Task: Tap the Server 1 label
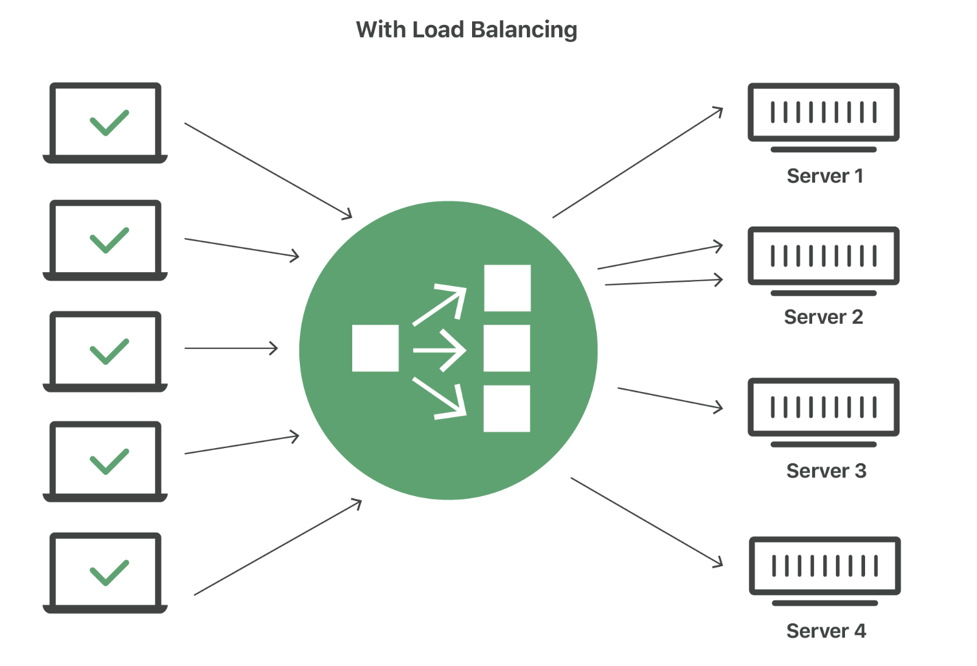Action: tap(824, 176)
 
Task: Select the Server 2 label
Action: tap(823, 317)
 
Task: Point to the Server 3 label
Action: tap(826, 471)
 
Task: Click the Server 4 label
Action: tap(826, 631)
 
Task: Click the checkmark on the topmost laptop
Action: tap(109, 122)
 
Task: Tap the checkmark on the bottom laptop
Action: tap(109, 572)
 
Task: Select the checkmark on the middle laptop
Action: tap(109, 351)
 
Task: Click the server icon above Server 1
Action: tap(823, 113)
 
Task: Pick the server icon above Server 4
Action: tap(824, 566)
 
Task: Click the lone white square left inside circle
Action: tap(375, 348)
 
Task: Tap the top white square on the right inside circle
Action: tap(507, 288)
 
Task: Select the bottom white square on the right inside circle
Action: tap(507, 408)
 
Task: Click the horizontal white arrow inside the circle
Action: tap(439, 350)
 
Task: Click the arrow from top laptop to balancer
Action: tap(268, 170)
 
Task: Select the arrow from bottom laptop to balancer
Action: tap(277, 547)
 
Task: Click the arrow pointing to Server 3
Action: tap(669, 398)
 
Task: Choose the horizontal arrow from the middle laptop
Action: tap(231, 348)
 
